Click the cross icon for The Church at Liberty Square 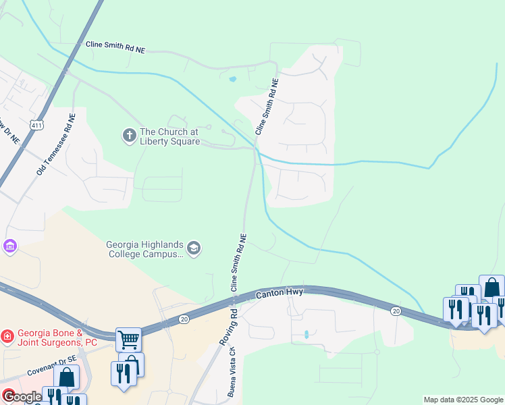pos(129,136)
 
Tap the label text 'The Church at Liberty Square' pos(169,137)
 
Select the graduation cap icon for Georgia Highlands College pos(194,249)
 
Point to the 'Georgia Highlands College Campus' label pos(144,249)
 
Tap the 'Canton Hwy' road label pos(280,294)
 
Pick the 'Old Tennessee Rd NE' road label pos(57,144)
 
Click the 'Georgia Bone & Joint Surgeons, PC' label pos(57,337)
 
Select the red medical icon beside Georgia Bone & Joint pos(7,335)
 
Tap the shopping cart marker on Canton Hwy pos(128,339)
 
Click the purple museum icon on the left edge pos(9,247)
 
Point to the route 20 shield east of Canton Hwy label pos(396,310)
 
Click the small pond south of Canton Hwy pos(307,334)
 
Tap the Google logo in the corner pos(22,396)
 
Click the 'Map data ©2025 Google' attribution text pos(462,400)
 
